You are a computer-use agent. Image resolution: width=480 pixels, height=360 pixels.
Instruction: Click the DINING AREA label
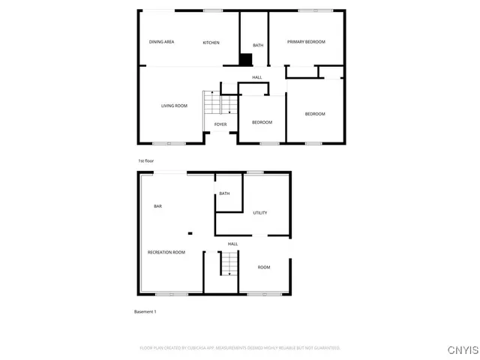161,42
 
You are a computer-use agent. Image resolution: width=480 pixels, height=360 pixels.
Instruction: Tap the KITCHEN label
211,43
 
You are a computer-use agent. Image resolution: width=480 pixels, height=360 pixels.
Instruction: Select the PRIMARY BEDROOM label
306,42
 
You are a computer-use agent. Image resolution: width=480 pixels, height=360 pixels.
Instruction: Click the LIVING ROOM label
174,106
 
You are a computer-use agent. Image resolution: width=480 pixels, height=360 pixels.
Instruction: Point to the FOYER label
220,124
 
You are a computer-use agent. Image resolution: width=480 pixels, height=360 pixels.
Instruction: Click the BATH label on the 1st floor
258,46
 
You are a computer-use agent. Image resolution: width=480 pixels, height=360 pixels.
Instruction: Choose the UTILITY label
260,213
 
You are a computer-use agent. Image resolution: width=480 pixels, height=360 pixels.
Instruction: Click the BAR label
157,206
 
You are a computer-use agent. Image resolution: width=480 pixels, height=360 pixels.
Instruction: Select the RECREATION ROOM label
166,252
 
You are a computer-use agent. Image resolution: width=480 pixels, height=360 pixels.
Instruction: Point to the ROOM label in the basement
264,268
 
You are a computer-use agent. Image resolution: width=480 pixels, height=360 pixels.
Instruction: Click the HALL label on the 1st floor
257,77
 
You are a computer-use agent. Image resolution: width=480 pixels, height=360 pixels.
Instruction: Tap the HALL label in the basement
233,244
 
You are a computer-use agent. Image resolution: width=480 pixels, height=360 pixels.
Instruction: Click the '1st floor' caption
145,161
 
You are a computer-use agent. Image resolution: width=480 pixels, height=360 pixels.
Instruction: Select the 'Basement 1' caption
145,311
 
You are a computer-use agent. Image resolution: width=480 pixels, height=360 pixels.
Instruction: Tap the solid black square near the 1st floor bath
244,60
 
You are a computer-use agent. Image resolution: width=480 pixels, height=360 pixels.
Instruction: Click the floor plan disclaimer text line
240,348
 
